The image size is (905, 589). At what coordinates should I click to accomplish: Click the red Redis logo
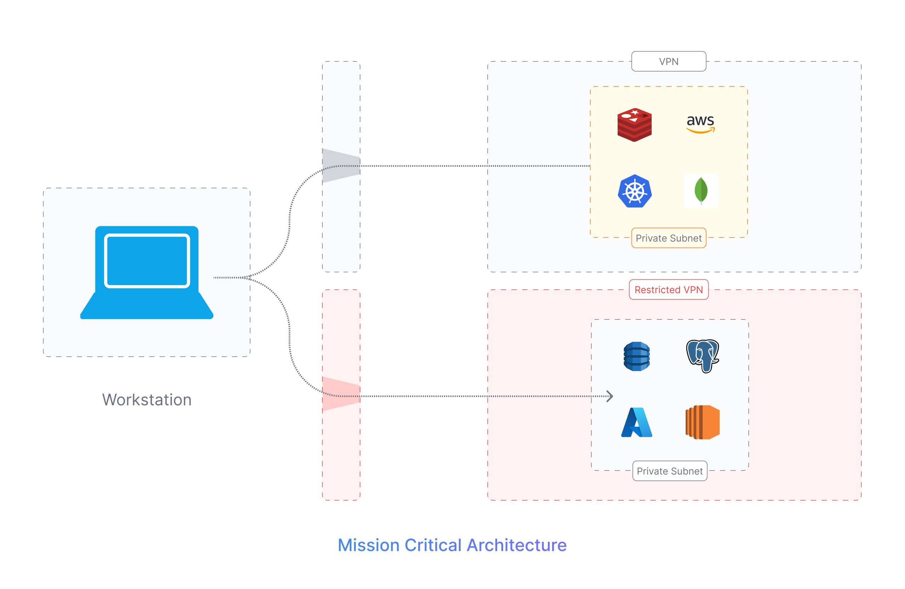pos(634,125)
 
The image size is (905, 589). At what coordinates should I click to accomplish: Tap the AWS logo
pos(701,124)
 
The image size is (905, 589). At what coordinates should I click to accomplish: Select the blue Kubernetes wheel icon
pos(635,191)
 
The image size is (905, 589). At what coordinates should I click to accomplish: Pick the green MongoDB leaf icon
pos(701,191)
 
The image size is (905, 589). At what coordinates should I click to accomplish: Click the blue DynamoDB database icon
pos(636,356)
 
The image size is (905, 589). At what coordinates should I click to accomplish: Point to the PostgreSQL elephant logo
pos(702,356)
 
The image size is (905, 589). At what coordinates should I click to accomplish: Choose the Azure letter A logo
pos(636,422)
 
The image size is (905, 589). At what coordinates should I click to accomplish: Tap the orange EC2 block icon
pos(702,422)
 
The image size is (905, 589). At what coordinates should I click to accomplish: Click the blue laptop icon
pos(147,272)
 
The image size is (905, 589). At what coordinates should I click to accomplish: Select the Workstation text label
pos(147,400)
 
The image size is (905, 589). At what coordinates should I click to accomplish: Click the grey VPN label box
pos(669,62)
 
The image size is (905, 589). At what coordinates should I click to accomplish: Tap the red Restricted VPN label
pos(669,290)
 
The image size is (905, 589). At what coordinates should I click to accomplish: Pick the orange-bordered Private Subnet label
pos(669,238)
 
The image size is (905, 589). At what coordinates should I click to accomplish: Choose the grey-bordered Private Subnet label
pos(670,471)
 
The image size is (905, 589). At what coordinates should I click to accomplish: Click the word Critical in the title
pos(433,545)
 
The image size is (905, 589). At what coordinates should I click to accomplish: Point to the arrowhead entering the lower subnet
pos(609,396)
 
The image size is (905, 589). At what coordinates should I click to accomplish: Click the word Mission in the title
pos(368,545)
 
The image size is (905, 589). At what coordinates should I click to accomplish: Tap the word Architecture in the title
pos(516,545)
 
